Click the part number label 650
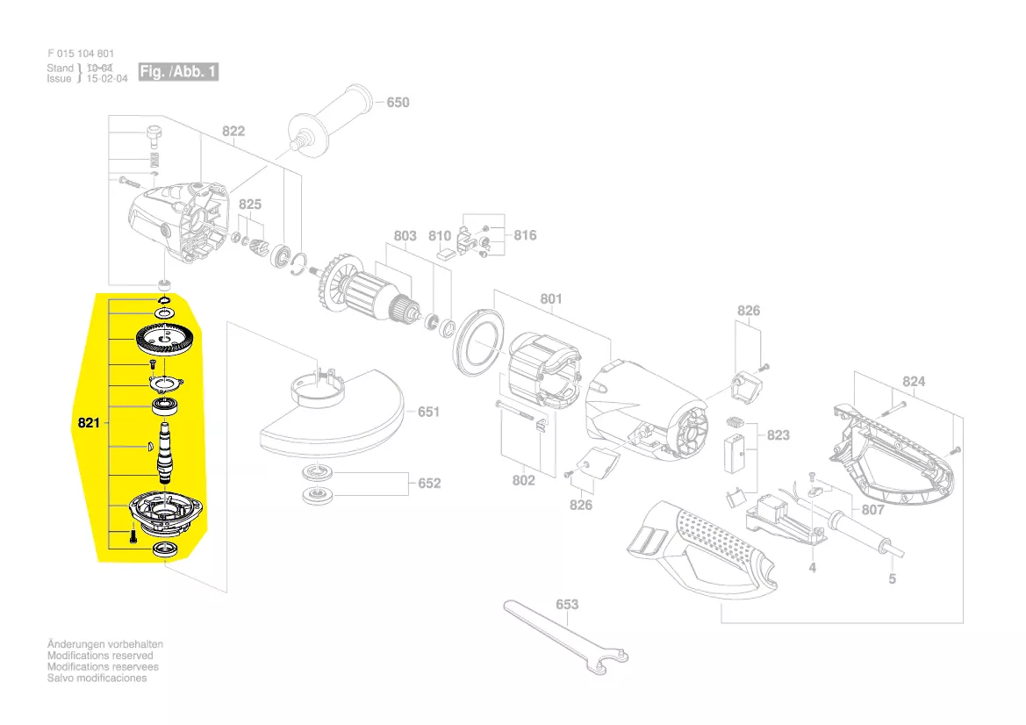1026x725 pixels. click(398, 103)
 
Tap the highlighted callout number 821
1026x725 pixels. click(89, 423)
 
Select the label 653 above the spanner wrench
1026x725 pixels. click(567, 605)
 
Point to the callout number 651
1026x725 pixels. click(428, 412)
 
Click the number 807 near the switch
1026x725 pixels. click(872, 510)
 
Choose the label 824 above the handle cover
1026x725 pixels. click(914, 382)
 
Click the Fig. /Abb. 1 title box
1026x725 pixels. click(177, 72)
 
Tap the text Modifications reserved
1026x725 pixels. click(100, 656)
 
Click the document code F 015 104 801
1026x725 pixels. click(81, 54)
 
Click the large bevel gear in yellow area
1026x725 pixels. click(164, 339)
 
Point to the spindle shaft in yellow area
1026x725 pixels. click(164, 450)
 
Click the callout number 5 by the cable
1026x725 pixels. click(893, 579)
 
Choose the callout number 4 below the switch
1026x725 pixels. click(812, 568)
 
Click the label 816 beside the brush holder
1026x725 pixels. click(525, 235)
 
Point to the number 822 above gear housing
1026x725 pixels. click(233, 132)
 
